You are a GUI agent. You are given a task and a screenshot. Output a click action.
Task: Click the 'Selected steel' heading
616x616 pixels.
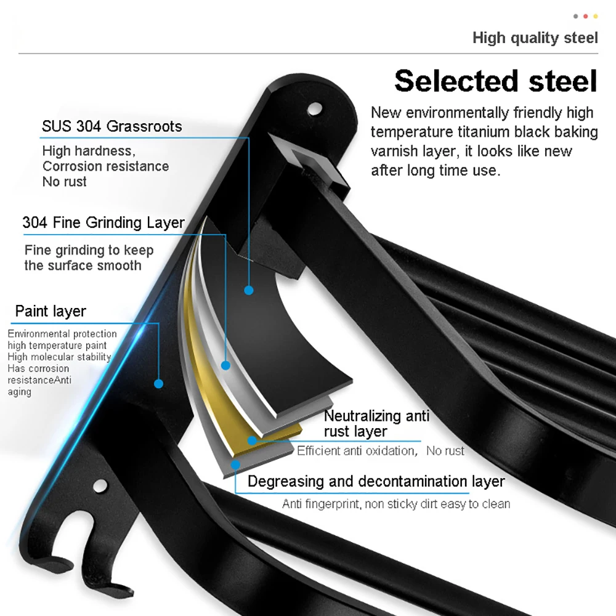496,81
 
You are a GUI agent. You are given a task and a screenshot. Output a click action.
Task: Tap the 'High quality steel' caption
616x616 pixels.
535,38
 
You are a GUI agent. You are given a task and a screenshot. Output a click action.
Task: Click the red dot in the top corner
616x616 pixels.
585,16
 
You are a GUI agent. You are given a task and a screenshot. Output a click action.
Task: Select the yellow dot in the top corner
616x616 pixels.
596,16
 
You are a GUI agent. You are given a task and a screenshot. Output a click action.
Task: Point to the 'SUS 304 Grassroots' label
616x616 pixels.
112,126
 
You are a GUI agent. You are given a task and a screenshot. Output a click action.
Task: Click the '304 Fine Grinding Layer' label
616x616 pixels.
103,223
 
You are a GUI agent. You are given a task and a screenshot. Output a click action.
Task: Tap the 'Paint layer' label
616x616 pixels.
51,311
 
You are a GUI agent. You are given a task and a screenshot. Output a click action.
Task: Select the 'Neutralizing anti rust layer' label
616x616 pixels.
376,424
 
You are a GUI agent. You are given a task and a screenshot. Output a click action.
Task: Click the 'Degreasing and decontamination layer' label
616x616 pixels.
376,481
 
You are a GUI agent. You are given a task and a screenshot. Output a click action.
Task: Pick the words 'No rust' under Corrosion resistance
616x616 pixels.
65,182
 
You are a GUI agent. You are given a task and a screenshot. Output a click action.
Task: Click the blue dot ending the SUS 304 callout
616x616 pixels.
249,290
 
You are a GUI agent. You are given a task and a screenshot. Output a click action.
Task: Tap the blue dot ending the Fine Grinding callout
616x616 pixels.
225,365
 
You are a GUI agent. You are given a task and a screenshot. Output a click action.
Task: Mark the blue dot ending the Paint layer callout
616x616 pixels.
159,384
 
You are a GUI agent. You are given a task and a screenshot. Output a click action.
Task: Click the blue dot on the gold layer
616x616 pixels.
252,440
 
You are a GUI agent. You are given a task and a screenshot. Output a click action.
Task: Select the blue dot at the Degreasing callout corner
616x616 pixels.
235,465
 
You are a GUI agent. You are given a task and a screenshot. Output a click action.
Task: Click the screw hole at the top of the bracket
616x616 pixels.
315,109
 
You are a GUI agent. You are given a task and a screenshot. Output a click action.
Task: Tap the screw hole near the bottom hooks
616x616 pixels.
100,485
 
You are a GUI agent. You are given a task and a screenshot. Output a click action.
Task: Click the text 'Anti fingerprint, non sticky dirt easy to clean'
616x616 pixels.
396,504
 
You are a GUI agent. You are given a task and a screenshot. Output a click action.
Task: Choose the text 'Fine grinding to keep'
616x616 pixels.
89,250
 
